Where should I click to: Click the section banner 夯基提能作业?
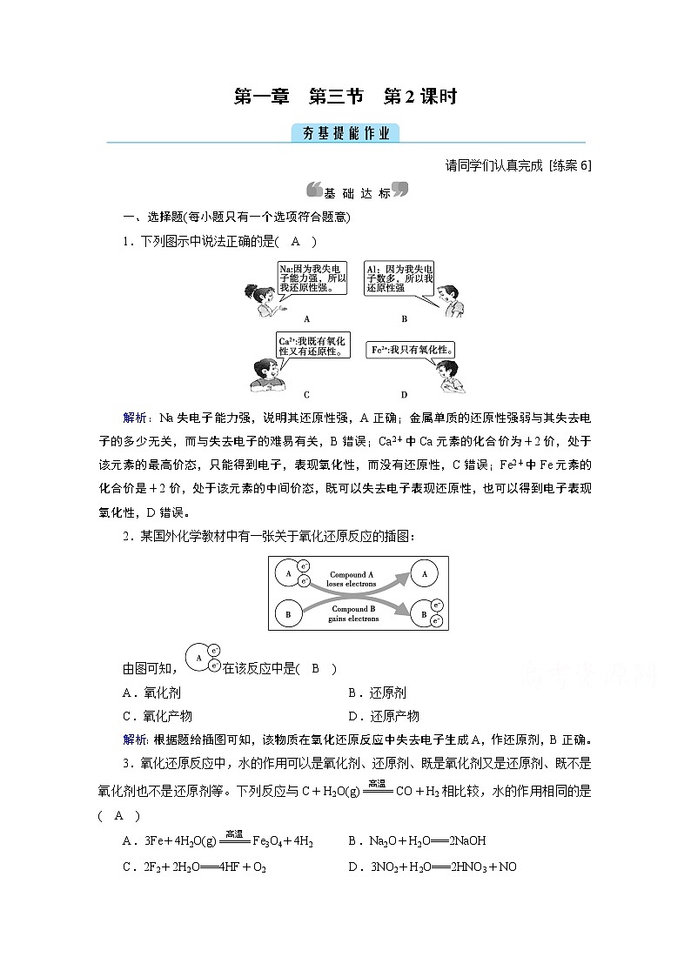[345, 133]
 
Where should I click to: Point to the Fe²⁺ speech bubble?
[401, 349]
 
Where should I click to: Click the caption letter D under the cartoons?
[405, 393]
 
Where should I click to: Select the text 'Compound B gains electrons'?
[353, 613]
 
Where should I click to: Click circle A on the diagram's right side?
[424, 574]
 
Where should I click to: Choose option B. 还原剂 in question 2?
[377, 693]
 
